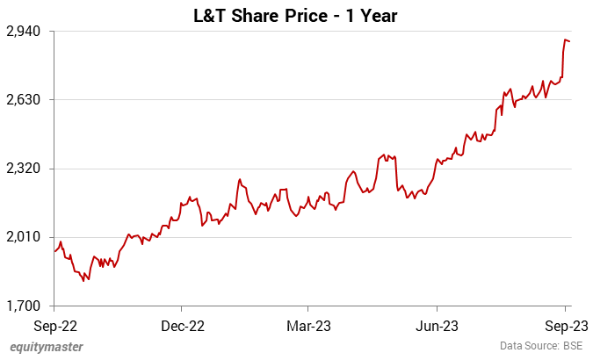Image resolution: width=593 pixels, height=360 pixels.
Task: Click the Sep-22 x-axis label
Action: (54, 325)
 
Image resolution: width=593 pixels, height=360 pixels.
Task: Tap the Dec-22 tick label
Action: (183, 325)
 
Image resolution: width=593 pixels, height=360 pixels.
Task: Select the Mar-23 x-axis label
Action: (308, 325)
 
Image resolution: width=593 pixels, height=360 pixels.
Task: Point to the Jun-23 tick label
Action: (438, 325)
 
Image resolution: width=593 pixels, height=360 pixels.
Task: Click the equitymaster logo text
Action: (47, 347)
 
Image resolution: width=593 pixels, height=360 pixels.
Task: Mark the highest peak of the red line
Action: (565, 40)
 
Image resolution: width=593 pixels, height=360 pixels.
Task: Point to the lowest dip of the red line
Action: (84, 281)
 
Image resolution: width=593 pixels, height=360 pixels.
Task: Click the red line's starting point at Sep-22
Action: (54, 252)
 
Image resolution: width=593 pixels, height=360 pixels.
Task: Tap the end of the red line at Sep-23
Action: (570, 41)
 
